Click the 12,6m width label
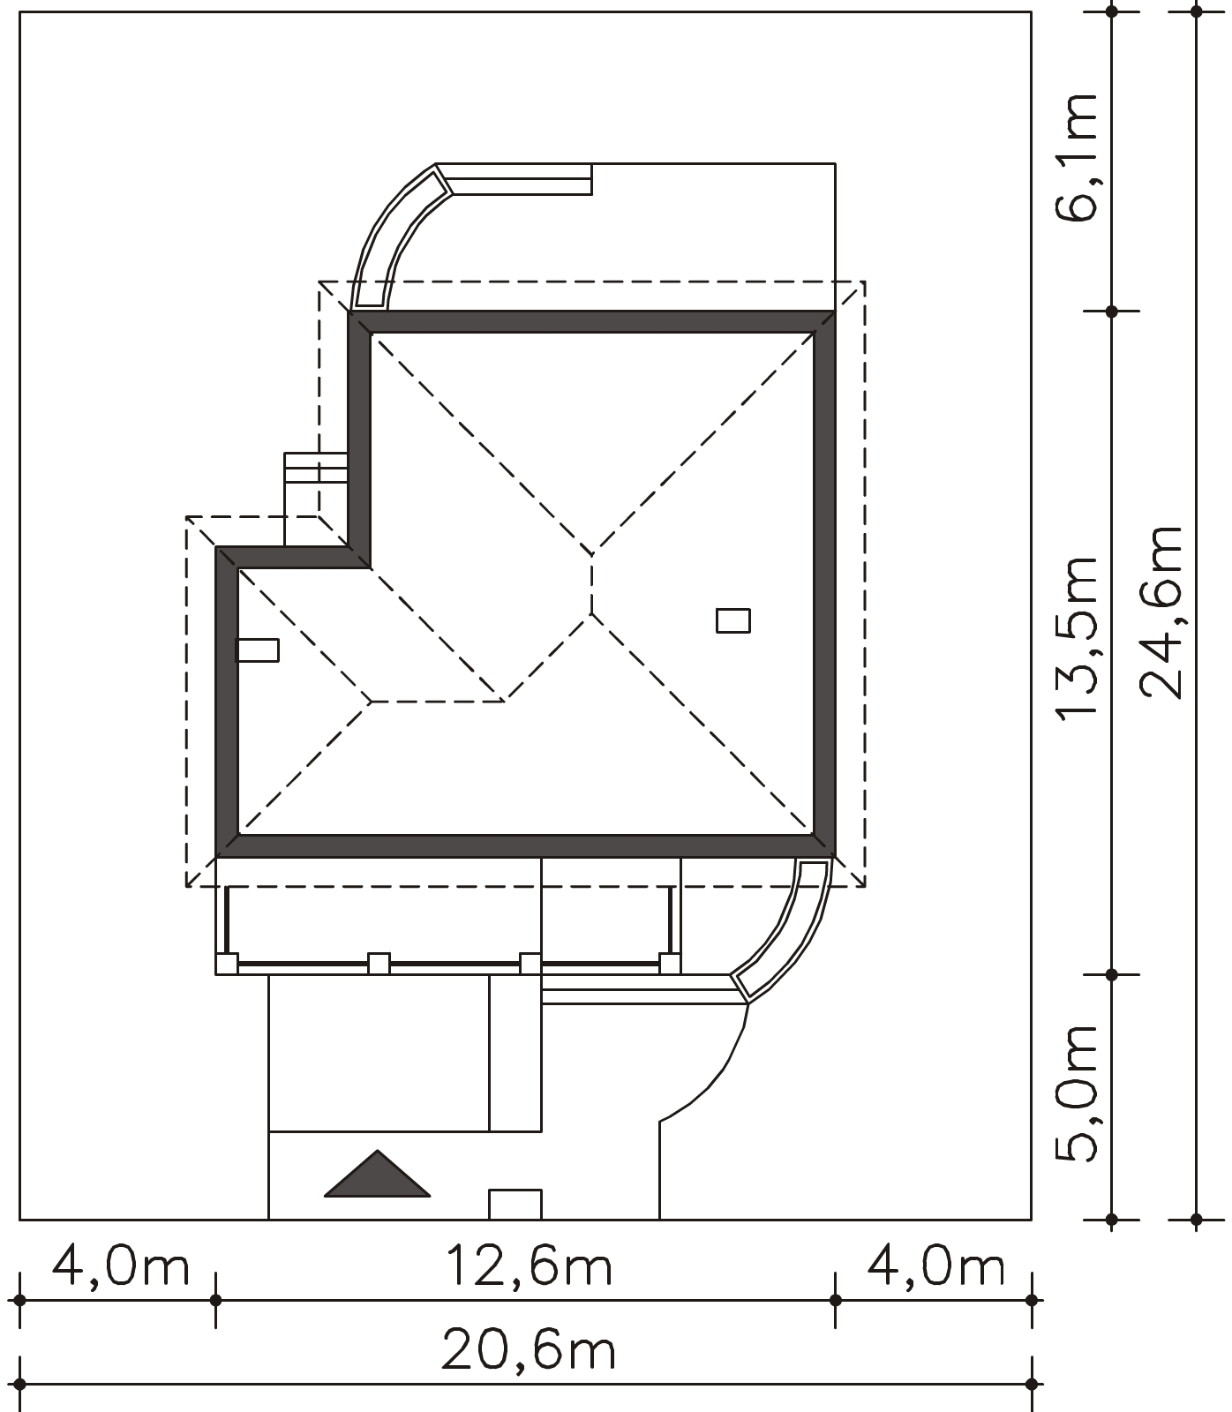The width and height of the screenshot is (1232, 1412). tap(529, 1267)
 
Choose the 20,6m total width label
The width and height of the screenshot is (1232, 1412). tap(529, 1350)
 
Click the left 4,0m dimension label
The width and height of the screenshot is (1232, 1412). tap(121, 1267)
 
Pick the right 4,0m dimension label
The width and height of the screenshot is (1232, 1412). tap(936, 1267)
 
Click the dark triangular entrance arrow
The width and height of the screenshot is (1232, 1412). tap(378, 1175)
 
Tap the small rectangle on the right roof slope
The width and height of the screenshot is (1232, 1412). tap(733, 620)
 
